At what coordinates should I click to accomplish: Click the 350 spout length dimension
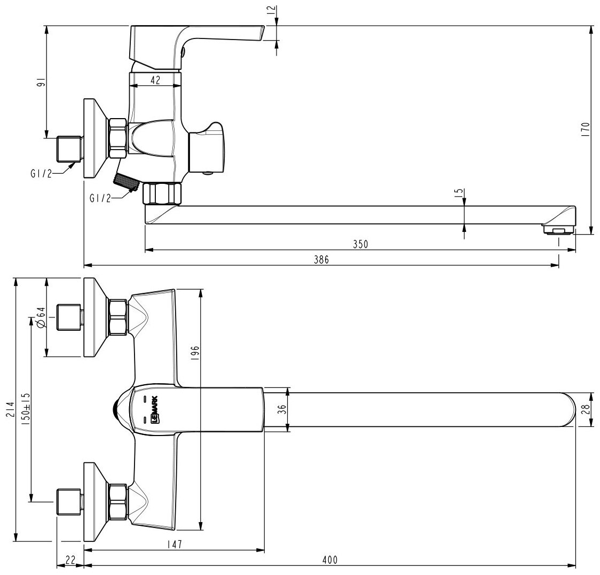pos(361,243)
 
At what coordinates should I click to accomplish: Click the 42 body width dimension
pos(154,79)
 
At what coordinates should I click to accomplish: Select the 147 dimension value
pos(174,545)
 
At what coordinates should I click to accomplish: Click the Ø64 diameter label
pos(41,317)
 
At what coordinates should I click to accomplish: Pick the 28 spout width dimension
pos(586,409)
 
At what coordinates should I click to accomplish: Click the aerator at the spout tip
pos(557,230)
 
